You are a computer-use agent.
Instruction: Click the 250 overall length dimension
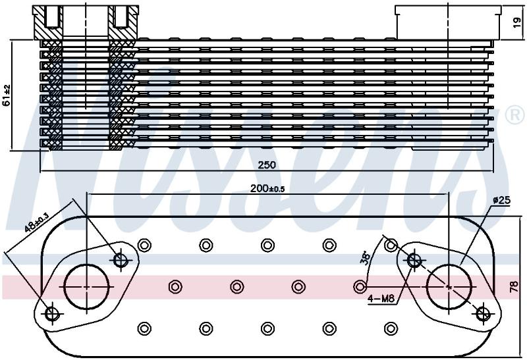click(267, 165)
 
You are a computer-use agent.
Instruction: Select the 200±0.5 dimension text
click(267, 189)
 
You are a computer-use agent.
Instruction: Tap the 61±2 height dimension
click(7, 95)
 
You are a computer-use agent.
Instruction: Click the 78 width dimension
click(514, 288)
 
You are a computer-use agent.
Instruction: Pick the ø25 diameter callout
click(502, 201)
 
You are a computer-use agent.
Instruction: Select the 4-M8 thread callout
click(381, 298)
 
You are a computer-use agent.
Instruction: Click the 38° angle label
click(366, 259)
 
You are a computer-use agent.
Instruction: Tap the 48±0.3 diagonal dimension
click(37, 222)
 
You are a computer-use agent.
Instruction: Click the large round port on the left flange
click(87, 287)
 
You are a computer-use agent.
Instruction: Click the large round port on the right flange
click(449, 287)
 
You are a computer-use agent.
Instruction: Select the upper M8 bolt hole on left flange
click(121, 259)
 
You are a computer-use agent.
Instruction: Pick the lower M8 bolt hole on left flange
click(52, 314)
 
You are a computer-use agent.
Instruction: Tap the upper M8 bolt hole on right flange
click(414, 259)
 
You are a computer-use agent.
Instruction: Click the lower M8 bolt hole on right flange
click(483, 314)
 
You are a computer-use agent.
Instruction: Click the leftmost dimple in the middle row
click(175, 287)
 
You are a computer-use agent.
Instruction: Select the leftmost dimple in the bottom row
click(144, 328)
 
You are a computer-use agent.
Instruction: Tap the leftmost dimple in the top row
click(144, 245)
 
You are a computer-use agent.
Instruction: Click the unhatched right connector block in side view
click(448, 22)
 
